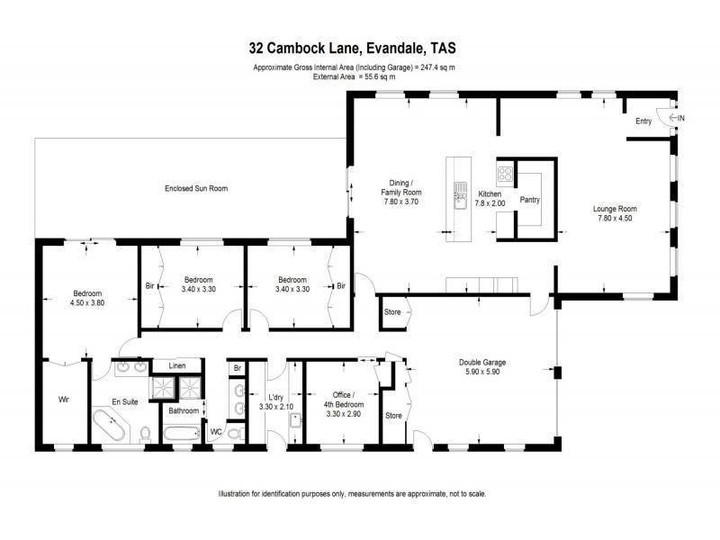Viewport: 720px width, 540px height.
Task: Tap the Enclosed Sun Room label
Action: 195,189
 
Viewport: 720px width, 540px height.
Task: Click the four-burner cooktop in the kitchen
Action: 506,175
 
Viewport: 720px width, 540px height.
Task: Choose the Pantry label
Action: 529,200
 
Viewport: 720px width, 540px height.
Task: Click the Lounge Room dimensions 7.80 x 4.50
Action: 615,217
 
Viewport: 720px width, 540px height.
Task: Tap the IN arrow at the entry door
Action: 677,118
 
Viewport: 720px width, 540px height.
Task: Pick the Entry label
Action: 643,121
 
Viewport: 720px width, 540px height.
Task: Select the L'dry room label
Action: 276,397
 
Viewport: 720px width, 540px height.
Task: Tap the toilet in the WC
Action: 233,434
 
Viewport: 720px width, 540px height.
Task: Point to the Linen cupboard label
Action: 178,365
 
